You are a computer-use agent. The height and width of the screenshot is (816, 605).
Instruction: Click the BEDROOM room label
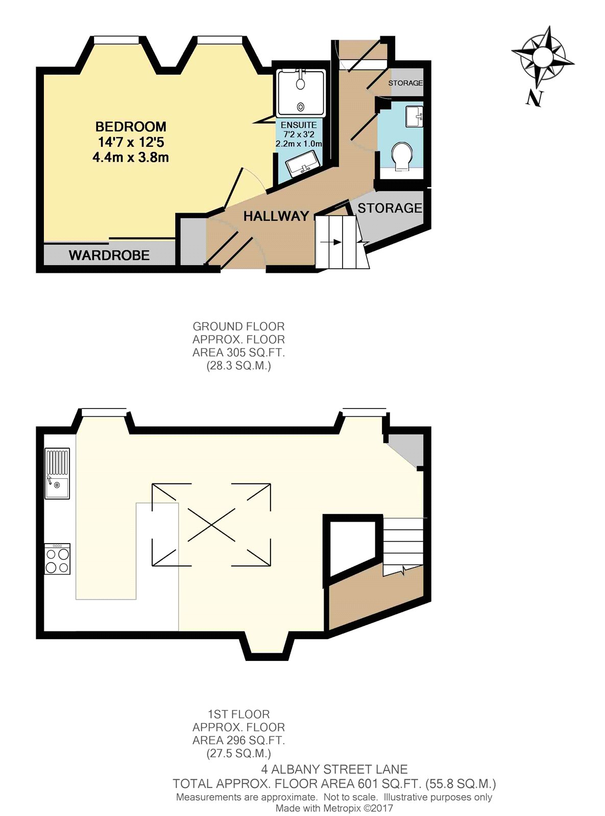click(131, 126)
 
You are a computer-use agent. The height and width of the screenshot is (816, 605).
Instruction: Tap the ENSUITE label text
click(299, 125)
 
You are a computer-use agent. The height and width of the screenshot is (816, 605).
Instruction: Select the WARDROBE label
click(109, 255)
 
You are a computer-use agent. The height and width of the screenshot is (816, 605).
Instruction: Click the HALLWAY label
click(276, 216)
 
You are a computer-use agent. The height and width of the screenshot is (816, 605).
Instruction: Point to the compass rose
click(543, 57)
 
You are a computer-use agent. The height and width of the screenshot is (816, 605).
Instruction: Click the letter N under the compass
click(535, 98)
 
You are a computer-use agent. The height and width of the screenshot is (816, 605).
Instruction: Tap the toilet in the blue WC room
click(402, 157)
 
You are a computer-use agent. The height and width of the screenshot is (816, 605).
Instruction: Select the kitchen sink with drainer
click(57, 473)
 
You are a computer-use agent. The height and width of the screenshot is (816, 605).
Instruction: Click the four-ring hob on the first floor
click(57, 559)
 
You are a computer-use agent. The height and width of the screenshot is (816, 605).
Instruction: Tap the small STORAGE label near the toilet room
click(405, 83)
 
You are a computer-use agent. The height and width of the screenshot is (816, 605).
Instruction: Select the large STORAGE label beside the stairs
click(390, 208)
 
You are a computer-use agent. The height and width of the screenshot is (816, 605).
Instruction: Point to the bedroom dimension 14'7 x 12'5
click(131, 142)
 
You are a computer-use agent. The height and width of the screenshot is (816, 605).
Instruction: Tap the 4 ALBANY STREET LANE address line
click(334, 769)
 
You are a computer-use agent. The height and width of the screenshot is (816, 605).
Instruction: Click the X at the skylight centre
click(211, 525)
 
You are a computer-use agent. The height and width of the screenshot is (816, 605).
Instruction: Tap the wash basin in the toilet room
click(414, 117)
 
